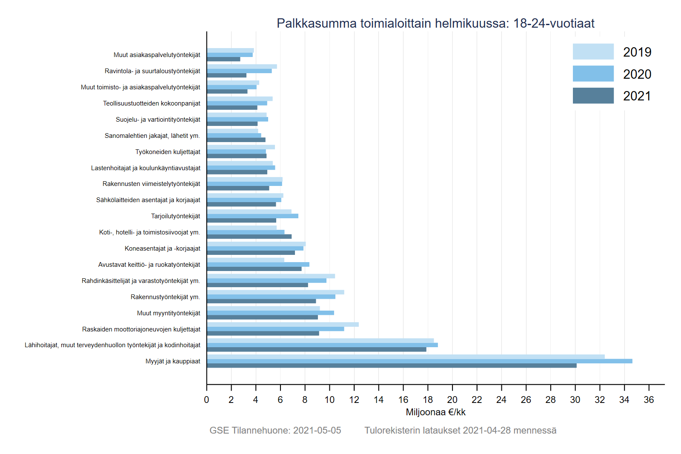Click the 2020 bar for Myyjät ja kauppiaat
(x=419, y=361)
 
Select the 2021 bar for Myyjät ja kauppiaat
(x=392, y=365)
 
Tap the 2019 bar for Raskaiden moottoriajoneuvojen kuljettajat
(x=283, y=325)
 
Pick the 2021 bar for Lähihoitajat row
(x=316, y=349)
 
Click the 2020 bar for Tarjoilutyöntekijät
(x=252, y=216)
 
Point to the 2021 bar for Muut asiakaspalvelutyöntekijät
(x=223, y=59)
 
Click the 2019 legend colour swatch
(x=593, y=51)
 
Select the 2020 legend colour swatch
(x=593, y=74)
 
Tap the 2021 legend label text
(x=637, y=96)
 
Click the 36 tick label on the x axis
(x=649, y=400)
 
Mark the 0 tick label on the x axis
(x=206, y=400)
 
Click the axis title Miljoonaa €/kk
(x=435, y=412)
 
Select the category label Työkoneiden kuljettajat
(x=168, y=152)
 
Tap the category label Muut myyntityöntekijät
(x=169, y=313)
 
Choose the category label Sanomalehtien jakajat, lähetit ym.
(x=152, y=136)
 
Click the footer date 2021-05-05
(x=317, y=430)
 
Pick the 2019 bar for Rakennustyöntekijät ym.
(x=275, y=292)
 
